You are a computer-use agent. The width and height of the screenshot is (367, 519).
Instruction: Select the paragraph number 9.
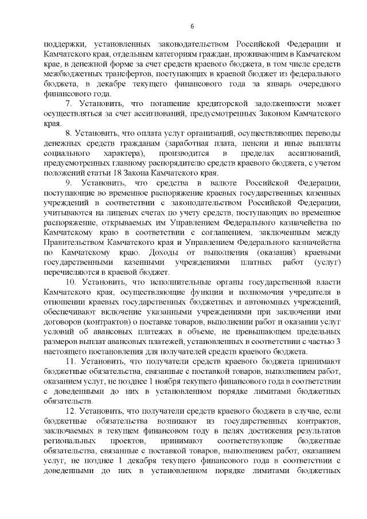pyautogui.click(x=68, y=183)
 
